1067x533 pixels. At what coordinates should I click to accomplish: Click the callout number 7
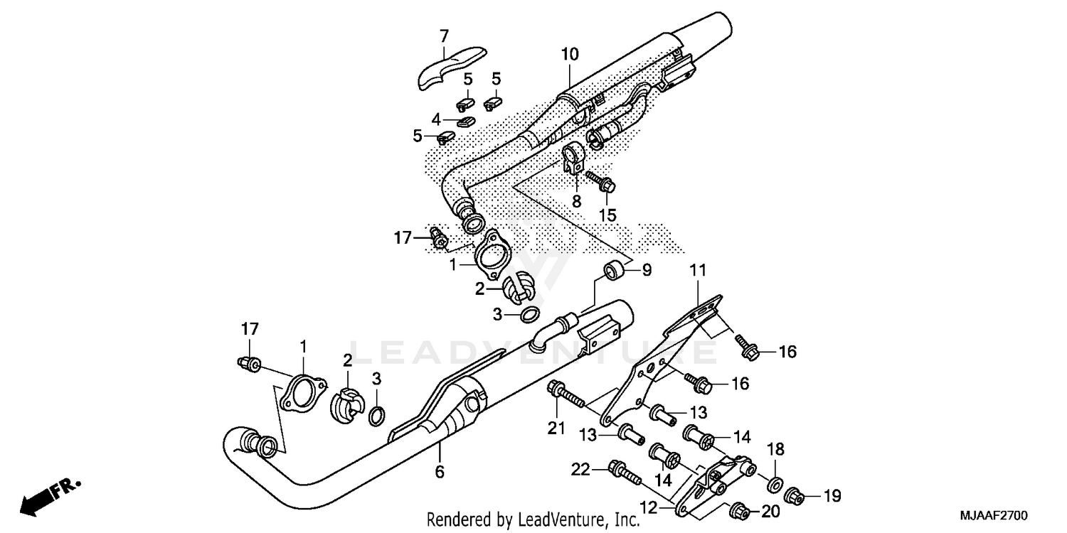444,36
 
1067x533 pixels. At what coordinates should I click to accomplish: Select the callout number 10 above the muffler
570,54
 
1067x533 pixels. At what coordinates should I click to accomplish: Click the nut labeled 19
795,495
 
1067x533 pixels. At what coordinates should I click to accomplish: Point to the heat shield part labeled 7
448,68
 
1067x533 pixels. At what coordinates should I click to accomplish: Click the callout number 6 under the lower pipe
440,471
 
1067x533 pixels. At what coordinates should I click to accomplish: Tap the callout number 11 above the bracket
698,270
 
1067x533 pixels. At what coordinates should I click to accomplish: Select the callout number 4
437,119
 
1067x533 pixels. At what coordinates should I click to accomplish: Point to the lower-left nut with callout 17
248,363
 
